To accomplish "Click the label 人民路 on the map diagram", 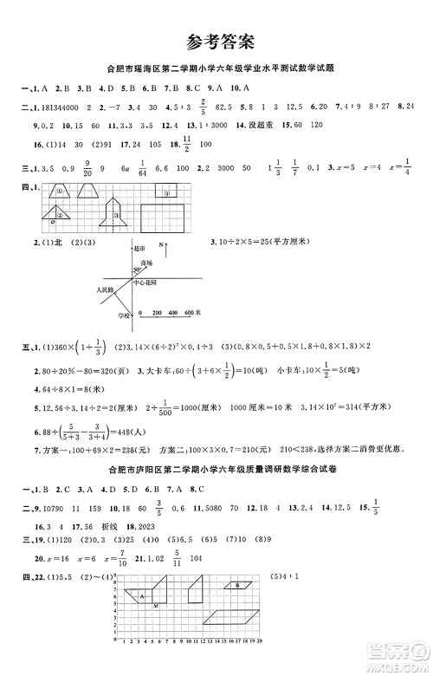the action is [105, 290].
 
